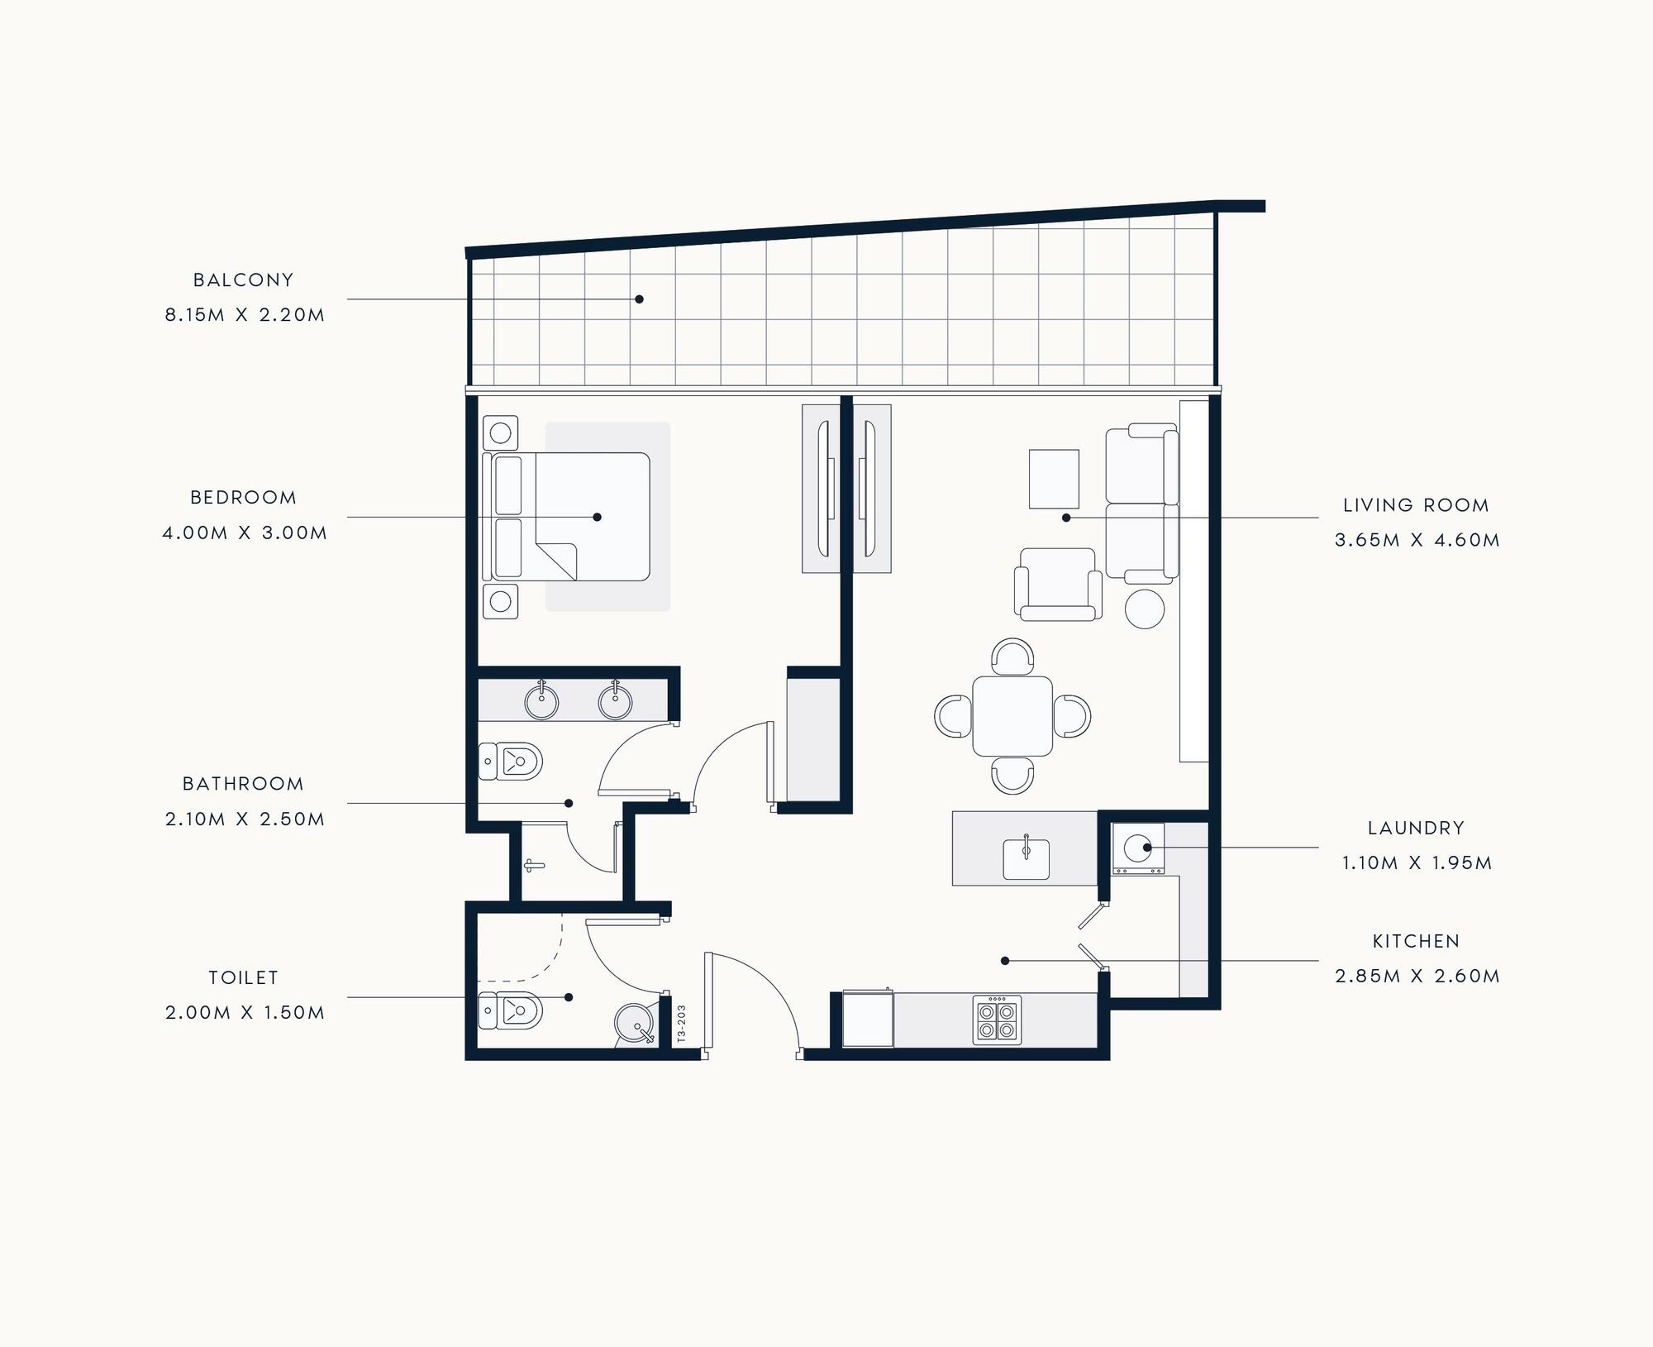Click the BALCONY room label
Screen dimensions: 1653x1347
click(x=243, y=280)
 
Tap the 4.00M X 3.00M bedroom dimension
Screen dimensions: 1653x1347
click(x=245, y=533)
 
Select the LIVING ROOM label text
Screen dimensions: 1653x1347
click(x=1416, y=505)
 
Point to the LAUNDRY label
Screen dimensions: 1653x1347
click(x=1416, y=828)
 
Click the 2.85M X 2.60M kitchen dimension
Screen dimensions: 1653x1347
click(x=1417, y=976)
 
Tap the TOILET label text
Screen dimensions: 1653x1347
click(x=243, y=977)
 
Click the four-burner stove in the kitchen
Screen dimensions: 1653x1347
click(x=997, y=1020)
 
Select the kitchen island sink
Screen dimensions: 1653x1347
click(x=1026, y=858)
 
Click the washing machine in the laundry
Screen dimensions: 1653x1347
click(x=1138, y=848)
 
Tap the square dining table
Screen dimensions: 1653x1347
click(x=1012, y=716)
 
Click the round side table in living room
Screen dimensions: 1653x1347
click(x=1145, y=609)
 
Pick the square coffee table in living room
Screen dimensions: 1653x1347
click(x=1054, y=479)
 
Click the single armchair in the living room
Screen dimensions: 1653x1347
click(x=1058, y=584)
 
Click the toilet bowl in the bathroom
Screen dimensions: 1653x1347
click(x=511, y=761)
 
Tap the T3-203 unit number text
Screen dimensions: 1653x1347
click(x=681, y=1023)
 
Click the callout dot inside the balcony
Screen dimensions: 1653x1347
click(x=639, y=299)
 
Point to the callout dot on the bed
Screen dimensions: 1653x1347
click(x=597, y=517)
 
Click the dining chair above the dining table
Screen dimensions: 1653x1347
click(x=1012, y=655)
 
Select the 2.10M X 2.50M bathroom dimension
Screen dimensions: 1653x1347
click(x=245, y=819)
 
